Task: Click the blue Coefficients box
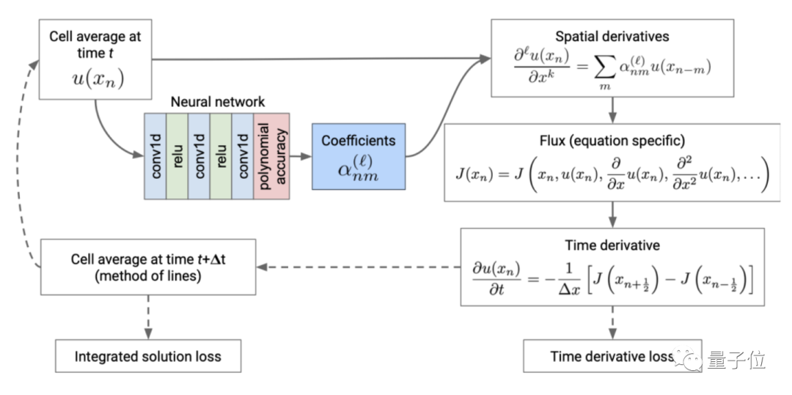358,158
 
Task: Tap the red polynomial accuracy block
272,156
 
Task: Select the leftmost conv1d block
155,156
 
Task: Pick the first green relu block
177,156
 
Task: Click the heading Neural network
218,102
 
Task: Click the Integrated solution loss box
147,357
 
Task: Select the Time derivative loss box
611,357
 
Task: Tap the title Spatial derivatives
612,36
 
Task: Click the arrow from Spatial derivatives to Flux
612,111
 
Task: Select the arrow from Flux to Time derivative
612,215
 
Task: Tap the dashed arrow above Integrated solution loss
147,317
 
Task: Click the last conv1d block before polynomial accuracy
242,156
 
